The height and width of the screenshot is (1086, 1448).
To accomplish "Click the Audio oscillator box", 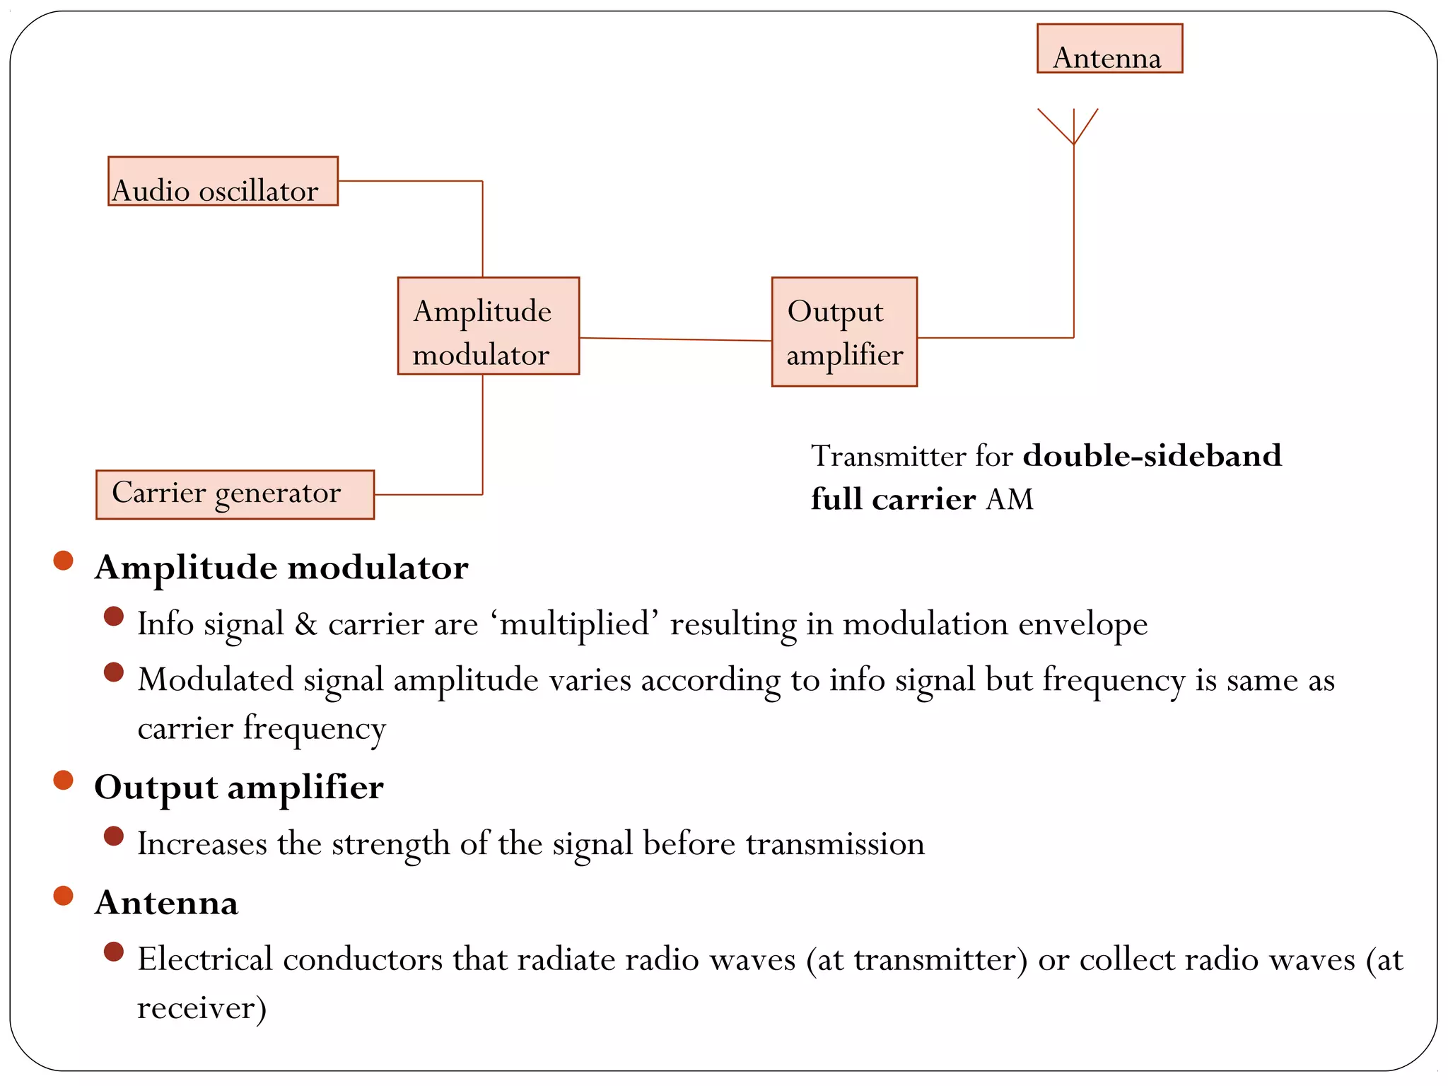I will click(x=223, y=182).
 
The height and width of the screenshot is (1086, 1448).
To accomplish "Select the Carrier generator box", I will click(x=235, y=494).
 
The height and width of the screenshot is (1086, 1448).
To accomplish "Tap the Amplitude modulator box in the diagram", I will click(x=488, y=326).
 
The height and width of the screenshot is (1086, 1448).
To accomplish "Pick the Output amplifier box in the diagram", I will click(x=844, y=332).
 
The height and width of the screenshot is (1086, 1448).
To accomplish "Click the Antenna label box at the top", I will click(x=1109, y=49).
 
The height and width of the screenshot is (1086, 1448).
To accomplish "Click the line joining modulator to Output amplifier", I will click(x=675, y=339).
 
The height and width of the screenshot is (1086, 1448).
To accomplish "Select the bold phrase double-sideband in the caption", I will click(x=1152, y=456).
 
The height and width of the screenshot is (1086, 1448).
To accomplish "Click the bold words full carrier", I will click(x=893, y=499).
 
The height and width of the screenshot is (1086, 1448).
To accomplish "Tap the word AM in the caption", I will click(x=1010, y=499).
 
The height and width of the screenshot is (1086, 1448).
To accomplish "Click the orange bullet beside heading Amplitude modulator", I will click(x=64, y=561).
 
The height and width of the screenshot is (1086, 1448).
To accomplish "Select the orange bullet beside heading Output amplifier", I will click(x=64, y=781).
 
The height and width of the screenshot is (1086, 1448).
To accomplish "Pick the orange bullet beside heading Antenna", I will click(x=64, y=896).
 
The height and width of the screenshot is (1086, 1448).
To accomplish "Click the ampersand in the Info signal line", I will click(x=305, y=624).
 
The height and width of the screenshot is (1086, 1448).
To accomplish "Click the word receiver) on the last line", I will click(x=202, y=1008).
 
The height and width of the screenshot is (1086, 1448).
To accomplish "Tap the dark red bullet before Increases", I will click(x=113, y=836).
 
